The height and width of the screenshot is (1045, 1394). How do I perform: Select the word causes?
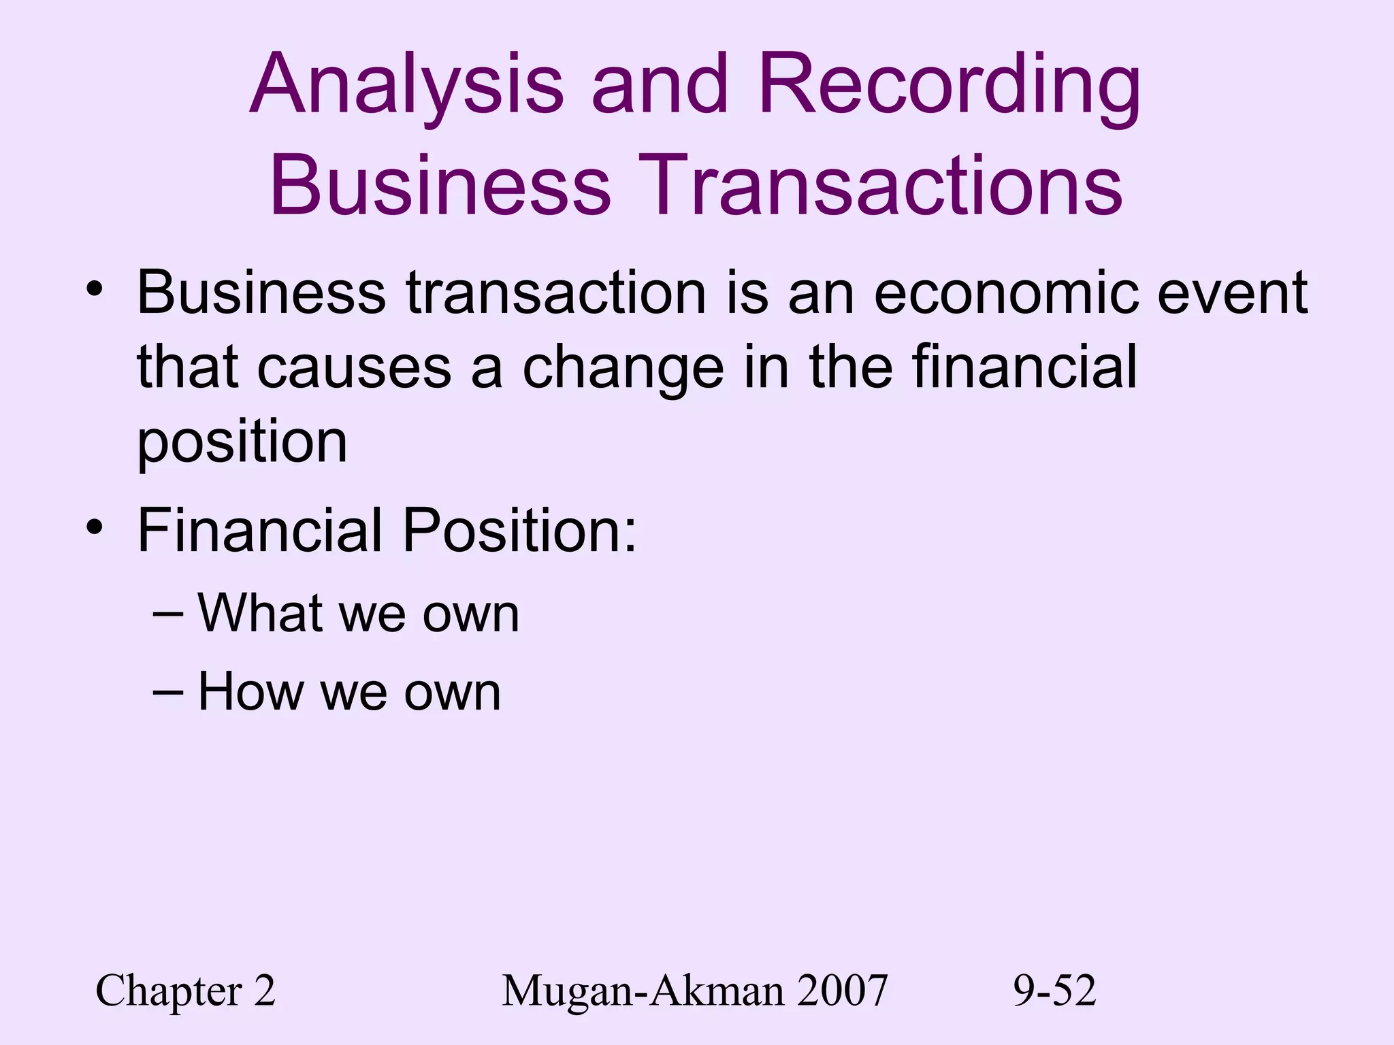pos(354,367)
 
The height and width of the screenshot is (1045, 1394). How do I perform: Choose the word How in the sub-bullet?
pos(250,691)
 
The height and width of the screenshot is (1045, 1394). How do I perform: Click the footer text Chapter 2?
pos(185,991)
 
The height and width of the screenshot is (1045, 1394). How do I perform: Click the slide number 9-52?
pos(1054,991)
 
